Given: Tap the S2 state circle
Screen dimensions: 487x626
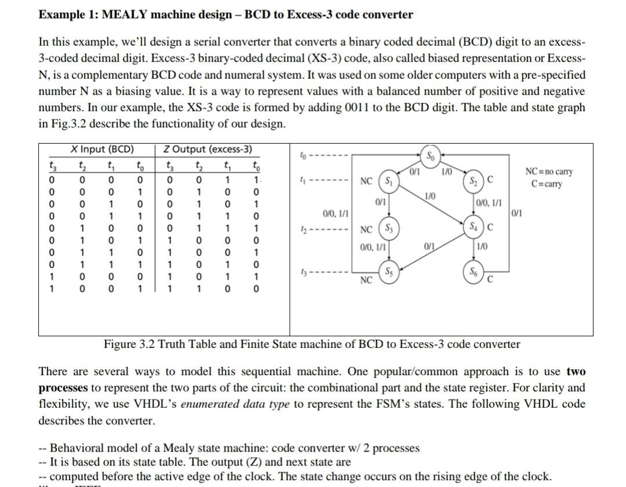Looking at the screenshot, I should tap(475, 180).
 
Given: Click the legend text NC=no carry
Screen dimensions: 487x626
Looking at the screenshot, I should tap(548, 172).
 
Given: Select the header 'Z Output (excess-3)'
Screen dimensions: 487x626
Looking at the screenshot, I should tap(208, 149).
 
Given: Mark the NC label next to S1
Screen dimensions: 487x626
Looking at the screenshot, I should tap(366, 181).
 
